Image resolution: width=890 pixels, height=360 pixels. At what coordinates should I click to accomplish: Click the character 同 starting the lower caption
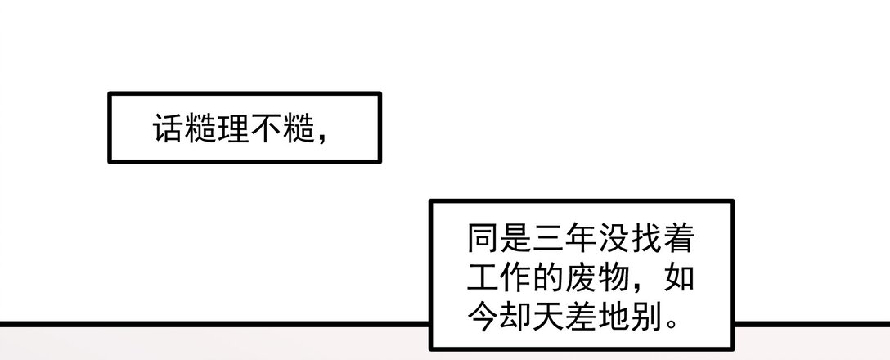483,238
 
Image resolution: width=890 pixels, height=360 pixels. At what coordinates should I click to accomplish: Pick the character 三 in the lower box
549,238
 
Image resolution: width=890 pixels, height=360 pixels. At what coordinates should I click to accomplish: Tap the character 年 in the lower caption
582,238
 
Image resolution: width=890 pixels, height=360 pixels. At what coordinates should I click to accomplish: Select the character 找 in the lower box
647,238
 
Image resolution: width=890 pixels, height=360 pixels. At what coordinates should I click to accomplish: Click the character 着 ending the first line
680,238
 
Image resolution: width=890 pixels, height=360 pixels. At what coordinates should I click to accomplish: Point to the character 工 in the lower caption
483,277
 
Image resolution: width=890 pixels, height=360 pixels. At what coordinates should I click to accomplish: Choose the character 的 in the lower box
549,277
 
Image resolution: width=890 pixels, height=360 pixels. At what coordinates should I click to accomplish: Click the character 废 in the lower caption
582,277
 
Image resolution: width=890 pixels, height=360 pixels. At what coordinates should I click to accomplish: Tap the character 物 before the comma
614,277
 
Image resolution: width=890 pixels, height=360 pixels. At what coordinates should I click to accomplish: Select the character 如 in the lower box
680,277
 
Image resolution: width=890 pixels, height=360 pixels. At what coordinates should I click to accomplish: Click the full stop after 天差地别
672,326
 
